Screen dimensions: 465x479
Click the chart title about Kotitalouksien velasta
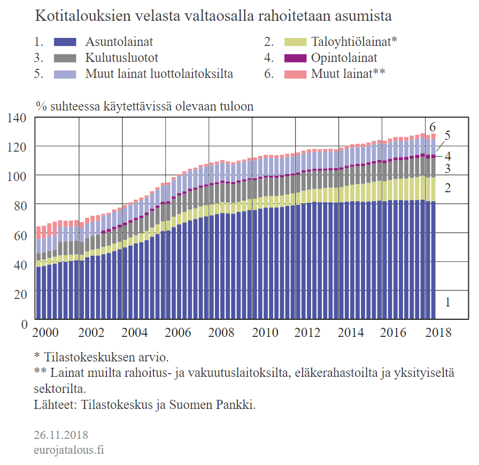click(x=213, y=16)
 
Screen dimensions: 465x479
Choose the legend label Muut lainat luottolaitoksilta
click(x=159, y=74)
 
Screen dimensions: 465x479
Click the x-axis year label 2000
click(x=46, y=333)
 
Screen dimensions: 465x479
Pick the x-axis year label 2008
click(x=220, y=333)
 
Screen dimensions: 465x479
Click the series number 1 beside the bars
click(x=447, y=302)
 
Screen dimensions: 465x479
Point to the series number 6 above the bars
click(x=432, y=127)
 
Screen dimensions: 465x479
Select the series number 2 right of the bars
click(x=447, y=187)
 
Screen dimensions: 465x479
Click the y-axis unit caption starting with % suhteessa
click(x=144, y=106)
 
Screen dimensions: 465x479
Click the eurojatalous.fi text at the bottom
click(x=68, y=450)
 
